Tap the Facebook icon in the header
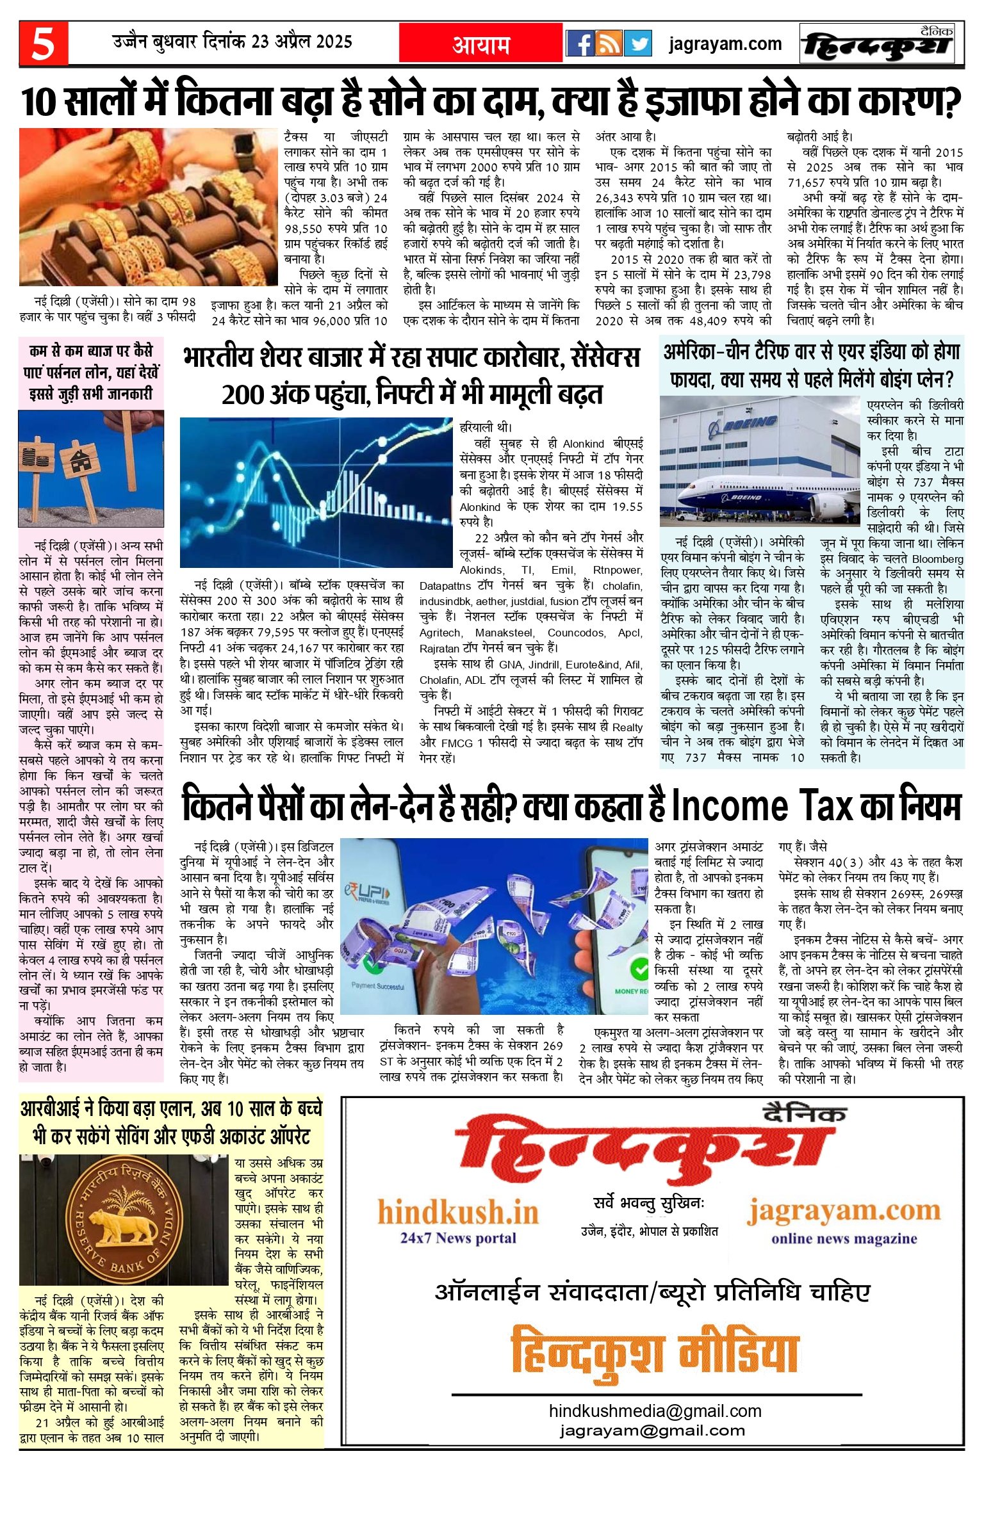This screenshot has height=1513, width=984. tap(580, 44)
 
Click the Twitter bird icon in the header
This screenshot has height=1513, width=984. tap(637, 44)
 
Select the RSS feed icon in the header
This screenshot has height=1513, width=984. tap(609, 44)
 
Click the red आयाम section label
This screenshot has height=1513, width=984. tap(481, 44)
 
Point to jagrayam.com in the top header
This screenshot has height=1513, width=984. tap(725, 44)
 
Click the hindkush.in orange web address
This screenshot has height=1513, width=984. tap(458, 1212)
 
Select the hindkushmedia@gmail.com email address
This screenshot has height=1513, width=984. tap(655, 1411)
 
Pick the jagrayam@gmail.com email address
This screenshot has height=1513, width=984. tap(652, 1430)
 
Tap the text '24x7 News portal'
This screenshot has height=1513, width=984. tap(458, 1238)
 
